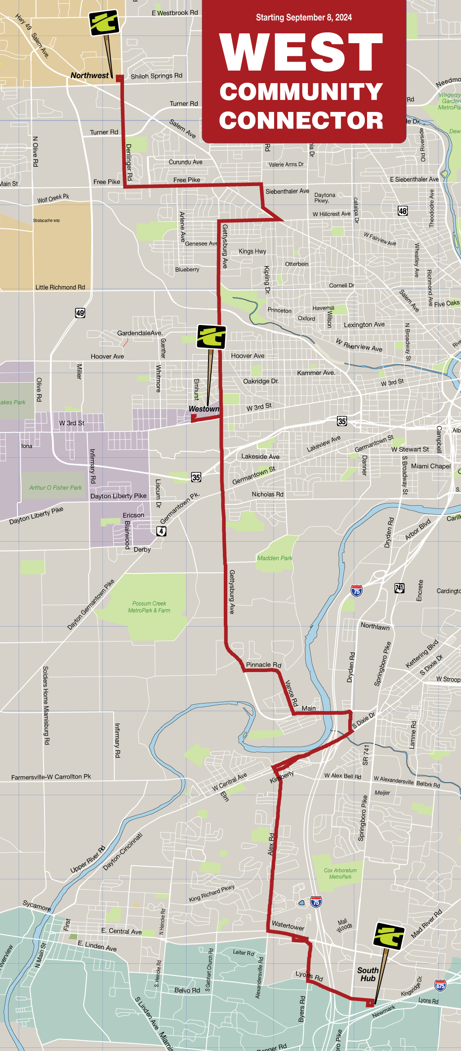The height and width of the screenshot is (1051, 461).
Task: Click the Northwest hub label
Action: tap(89, 76)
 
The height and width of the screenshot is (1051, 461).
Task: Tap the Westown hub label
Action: tap(204, 409)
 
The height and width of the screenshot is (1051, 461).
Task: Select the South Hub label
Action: tap(368, 974)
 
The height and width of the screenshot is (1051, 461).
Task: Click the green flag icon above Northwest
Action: tap(104, 22)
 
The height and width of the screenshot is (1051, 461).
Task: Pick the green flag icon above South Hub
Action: tap(389, 936)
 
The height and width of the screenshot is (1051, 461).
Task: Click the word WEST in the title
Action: tap(301, 53)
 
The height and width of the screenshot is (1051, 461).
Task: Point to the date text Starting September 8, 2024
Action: tap(304, 18)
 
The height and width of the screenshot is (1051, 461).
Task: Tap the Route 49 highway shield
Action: tap(80, 313)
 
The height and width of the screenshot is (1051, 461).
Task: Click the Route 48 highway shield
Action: tap(403, 211)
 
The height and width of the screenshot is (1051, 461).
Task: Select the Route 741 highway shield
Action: tap(399, 588)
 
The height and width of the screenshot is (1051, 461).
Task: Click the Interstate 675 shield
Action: tap(440, 986)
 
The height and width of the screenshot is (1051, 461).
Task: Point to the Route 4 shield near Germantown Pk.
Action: tap(161, 531)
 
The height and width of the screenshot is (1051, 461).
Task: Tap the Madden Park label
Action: tap(275, 558)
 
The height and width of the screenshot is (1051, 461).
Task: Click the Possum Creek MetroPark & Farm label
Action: tap(149, 607)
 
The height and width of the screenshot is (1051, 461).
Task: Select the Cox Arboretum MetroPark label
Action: tap(340, 873)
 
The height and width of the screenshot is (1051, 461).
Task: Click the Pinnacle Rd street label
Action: tap(263, 664)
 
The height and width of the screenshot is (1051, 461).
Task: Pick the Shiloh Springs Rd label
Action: tap(156, 76)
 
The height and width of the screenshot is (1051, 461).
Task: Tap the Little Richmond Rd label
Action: tap(60, 287)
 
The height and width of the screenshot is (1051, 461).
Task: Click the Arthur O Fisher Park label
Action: tap(55, 487)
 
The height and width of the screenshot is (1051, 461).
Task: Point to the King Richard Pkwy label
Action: tap(212, 893)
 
